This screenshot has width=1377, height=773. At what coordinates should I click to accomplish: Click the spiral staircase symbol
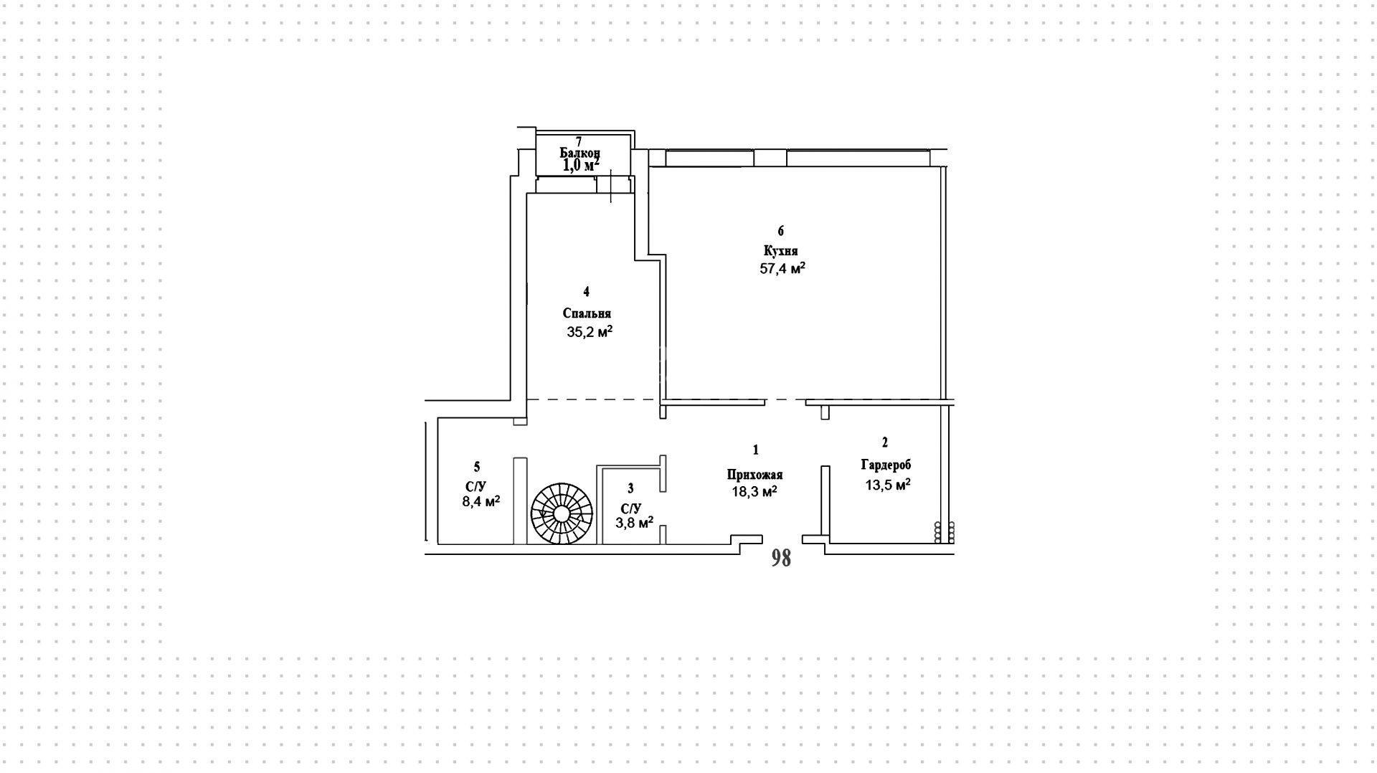point(562,513)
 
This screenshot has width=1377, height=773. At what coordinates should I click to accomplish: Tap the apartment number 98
point(781,558)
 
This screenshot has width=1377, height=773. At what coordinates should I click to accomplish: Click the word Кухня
point(781,251)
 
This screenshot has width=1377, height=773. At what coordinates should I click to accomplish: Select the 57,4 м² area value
point(782,268)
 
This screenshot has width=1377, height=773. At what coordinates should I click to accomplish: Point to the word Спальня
point(587,313)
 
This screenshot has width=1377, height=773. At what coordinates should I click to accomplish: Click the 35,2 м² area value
point(590,331)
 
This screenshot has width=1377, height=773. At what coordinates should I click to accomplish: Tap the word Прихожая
point(754,475)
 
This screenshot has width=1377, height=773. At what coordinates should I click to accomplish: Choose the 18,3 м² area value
point(754,491)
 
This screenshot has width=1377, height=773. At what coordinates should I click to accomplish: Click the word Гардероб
point(886,465)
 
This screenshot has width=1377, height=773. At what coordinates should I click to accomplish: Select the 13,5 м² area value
point(888,484)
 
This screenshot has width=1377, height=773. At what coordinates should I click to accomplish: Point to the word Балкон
point(579,153)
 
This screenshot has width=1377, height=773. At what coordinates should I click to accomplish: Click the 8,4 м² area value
point(481,501)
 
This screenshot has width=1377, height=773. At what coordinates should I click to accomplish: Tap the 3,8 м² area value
point(634,522)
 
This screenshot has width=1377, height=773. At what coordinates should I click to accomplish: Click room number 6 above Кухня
point(781,231)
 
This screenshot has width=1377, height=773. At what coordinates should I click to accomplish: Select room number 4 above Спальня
point(587,291)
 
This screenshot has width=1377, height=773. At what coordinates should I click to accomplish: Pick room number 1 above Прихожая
point(755,450)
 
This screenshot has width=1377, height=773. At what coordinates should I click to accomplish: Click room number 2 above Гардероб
point(885,442)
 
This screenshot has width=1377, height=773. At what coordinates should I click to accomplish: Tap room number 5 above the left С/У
point(477,468)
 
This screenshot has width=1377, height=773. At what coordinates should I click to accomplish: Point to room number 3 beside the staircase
point(630,488)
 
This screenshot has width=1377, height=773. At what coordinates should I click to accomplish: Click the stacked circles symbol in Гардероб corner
point(945,531)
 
